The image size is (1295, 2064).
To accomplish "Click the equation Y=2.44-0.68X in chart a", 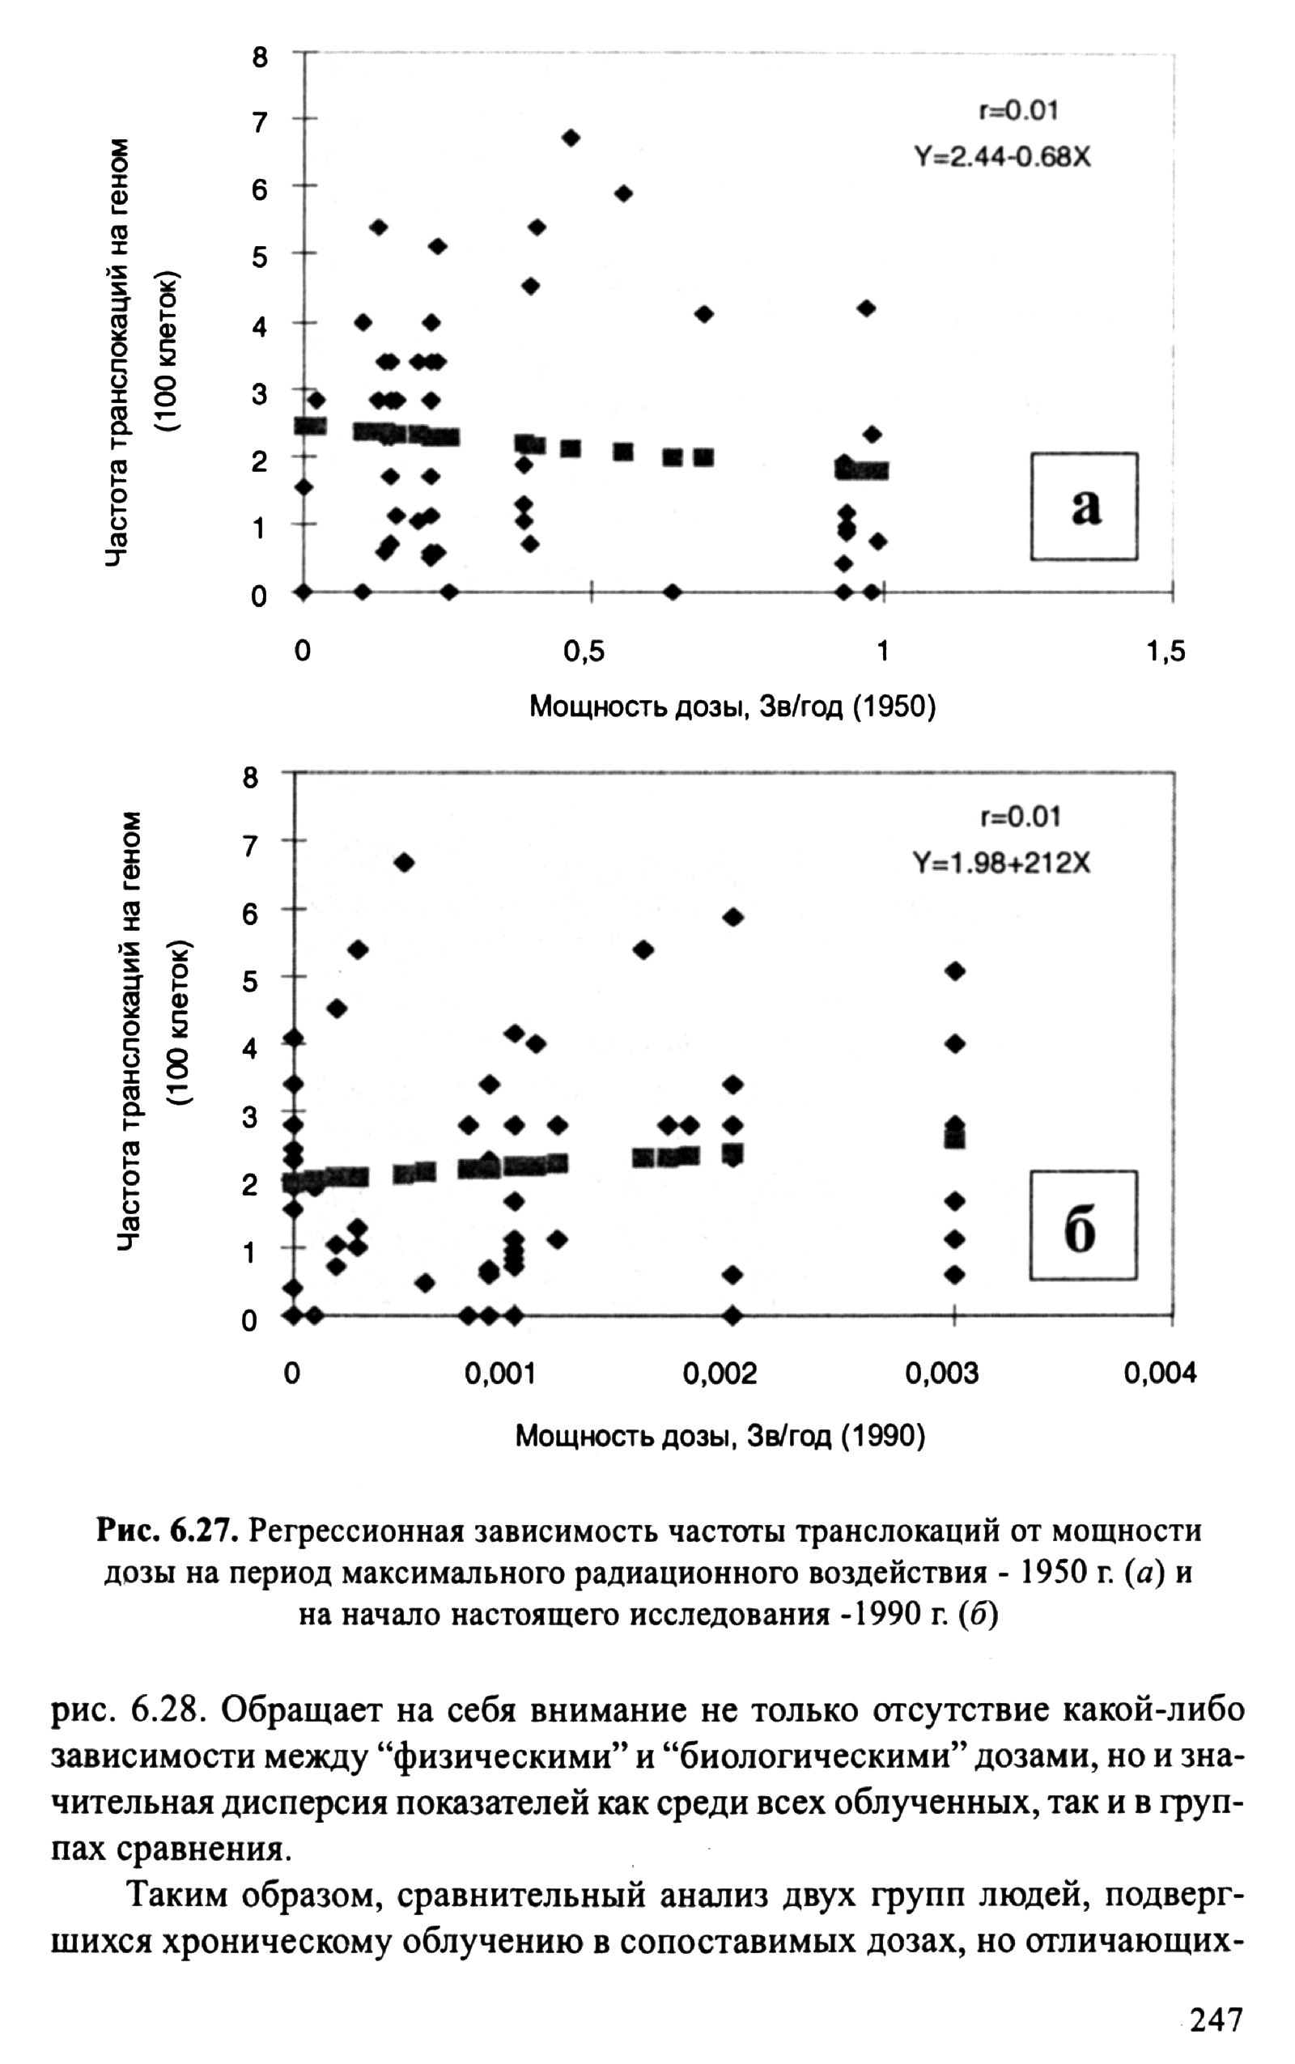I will pos(1002,158).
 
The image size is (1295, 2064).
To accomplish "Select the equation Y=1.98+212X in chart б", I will pos(1002,864).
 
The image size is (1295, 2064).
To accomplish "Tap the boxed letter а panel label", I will pos(1085,507).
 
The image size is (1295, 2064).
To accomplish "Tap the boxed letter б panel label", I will pos(1083,1225).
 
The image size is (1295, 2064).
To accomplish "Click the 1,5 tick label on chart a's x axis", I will pos(1165,652).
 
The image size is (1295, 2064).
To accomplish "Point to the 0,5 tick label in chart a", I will pos(584,652).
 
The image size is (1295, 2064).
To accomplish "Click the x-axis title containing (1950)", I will pos(732,707).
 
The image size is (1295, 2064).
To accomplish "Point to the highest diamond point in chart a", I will pos(571,137).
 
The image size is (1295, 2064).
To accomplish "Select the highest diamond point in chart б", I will pos(404,862).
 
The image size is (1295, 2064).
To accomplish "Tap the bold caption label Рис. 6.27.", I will pos(168,1530).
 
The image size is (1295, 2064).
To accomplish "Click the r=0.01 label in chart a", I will pos(1017,110).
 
